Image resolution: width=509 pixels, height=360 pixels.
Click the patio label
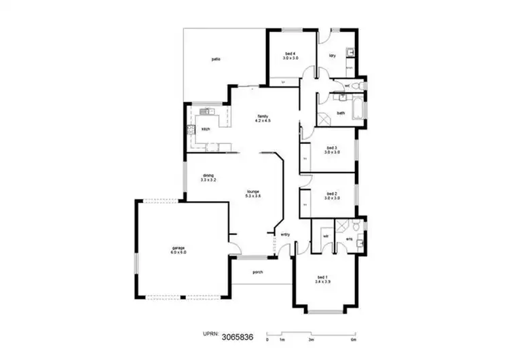[215, 60]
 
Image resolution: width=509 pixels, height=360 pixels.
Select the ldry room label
[333, 56]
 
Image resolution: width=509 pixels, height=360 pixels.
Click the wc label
[347, 86]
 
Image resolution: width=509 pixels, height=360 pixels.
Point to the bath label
[341, 113]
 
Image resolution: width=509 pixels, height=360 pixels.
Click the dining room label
[208, 178]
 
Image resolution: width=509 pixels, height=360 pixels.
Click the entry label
[285, 235]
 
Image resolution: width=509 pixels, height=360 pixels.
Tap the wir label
[325, 236]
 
